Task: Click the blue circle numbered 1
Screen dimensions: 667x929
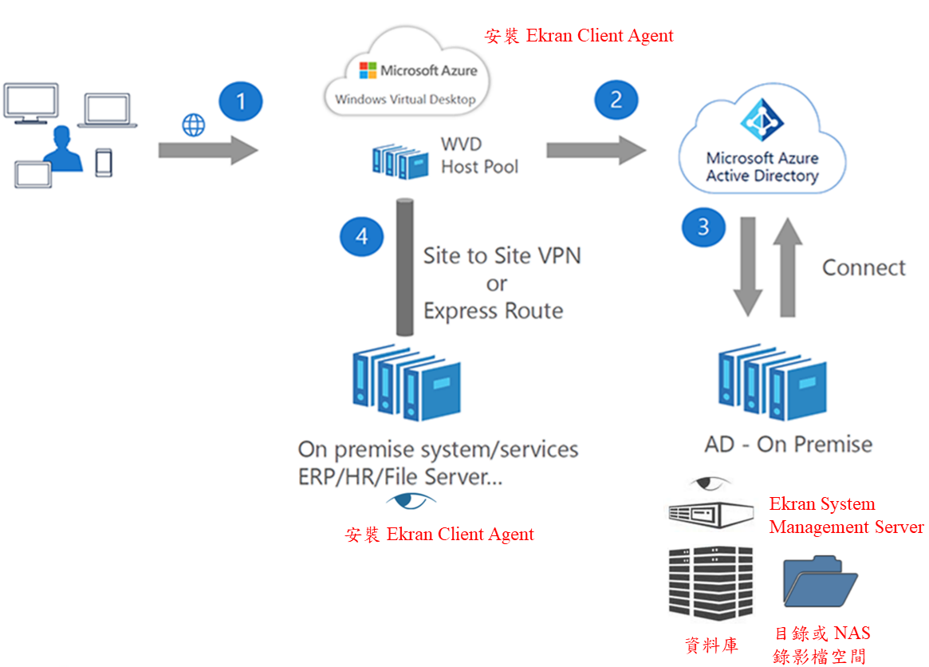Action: click(241, 101)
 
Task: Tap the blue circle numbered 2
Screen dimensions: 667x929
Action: click(616, 101)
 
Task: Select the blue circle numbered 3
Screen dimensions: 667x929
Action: click(703, 227)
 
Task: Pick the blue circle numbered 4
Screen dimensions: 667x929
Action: click(362, 236)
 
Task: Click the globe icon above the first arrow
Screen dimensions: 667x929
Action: click(194, 125)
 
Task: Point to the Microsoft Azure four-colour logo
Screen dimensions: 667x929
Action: click(368, 70)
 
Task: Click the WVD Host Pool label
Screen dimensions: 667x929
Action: click(478, 156)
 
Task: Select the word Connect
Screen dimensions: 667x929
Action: click(864, 267)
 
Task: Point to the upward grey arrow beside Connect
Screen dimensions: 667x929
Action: click(787, 264)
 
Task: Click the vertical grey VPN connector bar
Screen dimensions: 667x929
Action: click(404, 266)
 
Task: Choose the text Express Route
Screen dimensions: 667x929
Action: click(493, 311)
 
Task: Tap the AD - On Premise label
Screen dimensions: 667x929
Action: click(788, 444)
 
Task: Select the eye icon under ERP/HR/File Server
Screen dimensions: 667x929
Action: click(411, 501)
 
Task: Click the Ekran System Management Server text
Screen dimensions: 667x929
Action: click(845, 515)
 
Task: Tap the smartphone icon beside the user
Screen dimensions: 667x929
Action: click(104, 162)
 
